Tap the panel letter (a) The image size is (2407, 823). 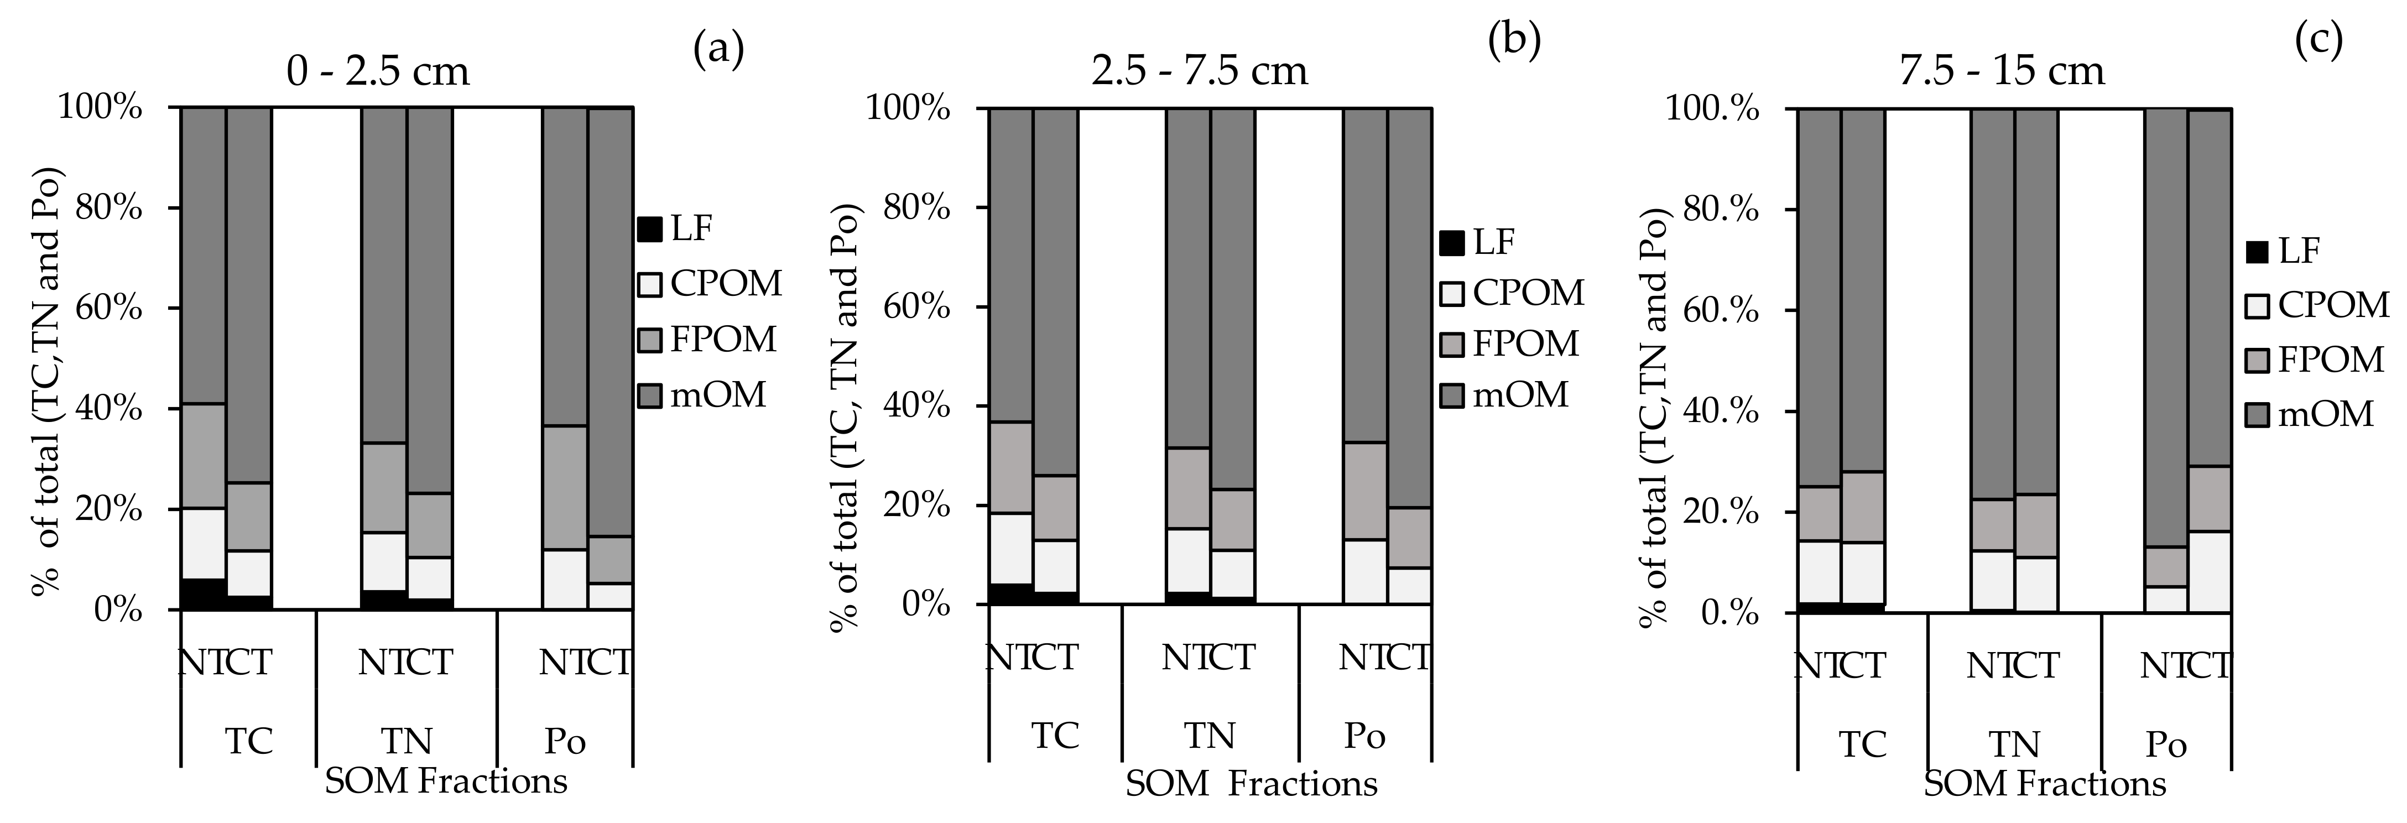pos(718,49)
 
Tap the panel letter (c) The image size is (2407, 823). pos(2319,41)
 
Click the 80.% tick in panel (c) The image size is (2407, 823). pos(1722,209)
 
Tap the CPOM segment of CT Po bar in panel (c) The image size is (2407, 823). pos(2209,572)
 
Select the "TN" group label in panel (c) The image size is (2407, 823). pos(2014,744)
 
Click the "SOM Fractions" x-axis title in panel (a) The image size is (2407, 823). pos(446,781)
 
